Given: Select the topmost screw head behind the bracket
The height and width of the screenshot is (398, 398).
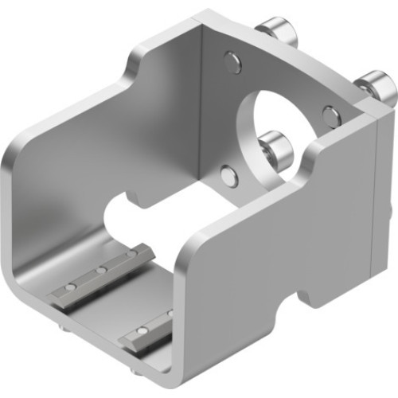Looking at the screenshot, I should [x=277, y=31].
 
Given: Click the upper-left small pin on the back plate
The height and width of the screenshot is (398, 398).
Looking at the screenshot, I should [x=232, y=61].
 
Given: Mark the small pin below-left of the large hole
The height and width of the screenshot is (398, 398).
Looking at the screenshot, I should [x=229, y=176].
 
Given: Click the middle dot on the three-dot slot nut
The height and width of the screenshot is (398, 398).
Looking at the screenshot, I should [x=102, y=271].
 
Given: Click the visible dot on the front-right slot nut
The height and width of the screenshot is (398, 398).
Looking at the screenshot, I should [x=142, y=329].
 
